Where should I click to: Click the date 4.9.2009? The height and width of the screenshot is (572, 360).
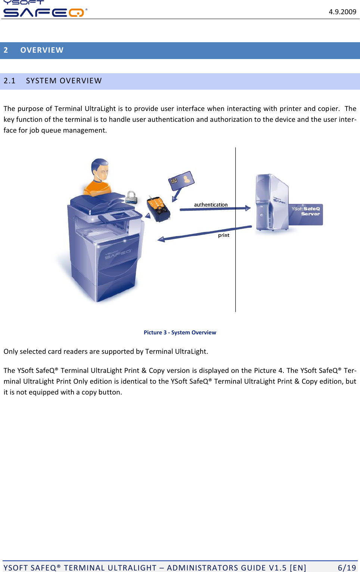point(342,12)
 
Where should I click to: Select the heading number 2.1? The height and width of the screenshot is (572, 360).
point(10,81)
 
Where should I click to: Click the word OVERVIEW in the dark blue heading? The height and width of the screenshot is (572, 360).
point(42,50)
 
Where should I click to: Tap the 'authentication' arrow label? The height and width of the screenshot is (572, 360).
point(211,205)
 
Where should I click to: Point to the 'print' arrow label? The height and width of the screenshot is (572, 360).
point(224,235)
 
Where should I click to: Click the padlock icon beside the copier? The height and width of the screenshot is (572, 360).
point(131,197)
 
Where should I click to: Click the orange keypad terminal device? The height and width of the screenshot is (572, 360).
point(158,209)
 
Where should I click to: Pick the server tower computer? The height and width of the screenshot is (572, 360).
point(271,203)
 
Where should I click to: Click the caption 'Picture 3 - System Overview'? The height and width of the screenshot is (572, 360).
point(180,333)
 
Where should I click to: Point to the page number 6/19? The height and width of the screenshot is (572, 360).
point(347,568)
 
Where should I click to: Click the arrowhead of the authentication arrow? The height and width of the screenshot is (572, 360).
point(248,208)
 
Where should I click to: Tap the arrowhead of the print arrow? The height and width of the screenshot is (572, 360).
point(161,239)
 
